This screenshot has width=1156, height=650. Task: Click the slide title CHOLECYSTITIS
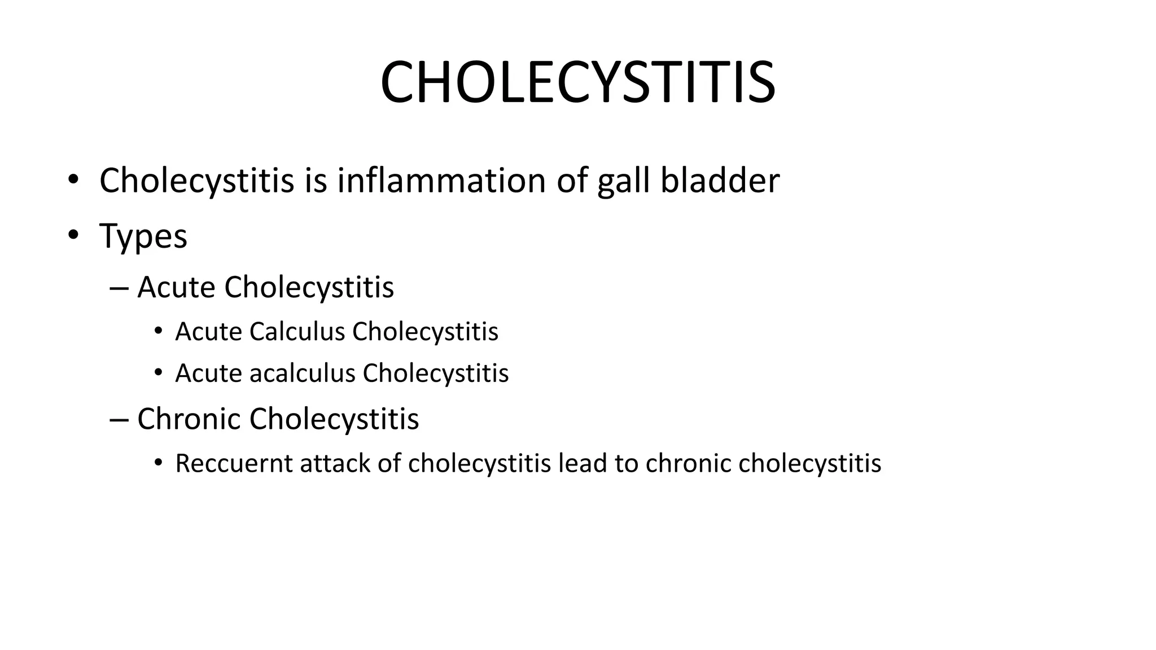pyautogui.click(x=577, y=83)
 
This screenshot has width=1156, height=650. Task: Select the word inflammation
pyautogui.click(x=441, y=181)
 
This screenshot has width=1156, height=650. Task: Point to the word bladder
pyautogui.click(x=720, y=181)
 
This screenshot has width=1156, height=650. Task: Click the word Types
pyautogui.click(x=143, y=236)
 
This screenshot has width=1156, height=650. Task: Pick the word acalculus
pyautogui.click(x=302, y=373)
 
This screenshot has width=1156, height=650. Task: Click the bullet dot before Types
pyautogui.click(x=73, y=235)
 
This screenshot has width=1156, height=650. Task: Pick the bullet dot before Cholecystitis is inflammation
pyautogui.click(x=73, y=180)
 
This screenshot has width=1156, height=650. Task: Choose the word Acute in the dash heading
pyautogui.click(x=176, y=287)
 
